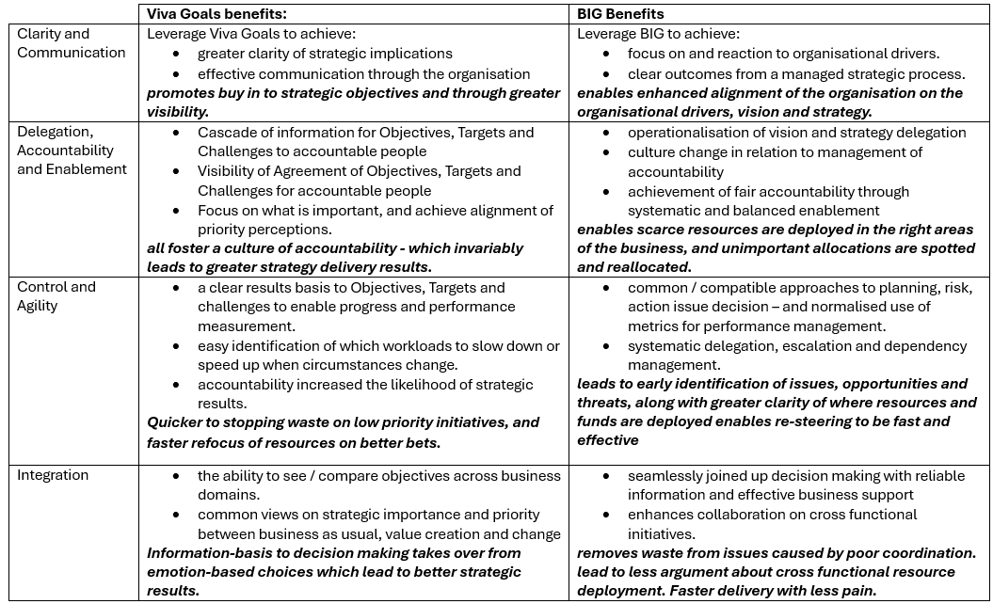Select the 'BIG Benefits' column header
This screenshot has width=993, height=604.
(622, 14)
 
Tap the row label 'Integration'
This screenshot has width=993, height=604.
(53, 475)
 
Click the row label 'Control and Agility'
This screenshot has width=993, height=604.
(56, 296)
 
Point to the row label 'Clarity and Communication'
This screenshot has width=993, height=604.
(71, 43)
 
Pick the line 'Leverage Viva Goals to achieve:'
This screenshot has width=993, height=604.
(252, 34)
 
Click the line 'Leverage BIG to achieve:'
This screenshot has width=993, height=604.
(657, 34)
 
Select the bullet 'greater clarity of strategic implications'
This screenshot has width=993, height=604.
(325, 54)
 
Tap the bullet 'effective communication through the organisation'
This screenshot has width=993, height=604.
(363, 73)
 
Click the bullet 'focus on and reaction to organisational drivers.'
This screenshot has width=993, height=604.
(783, 54)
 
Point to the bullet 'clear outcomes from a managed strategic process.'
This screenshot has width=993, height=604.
(796, 73)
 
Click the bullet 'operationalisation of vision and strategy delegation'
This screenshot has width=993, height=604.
(796, 133)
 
